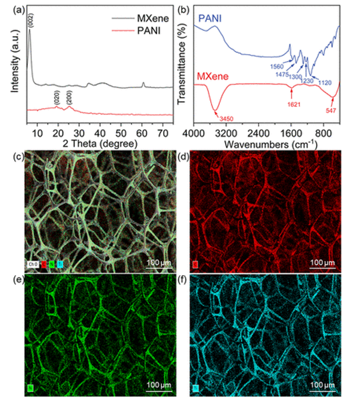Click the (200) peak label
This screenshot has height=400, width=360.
pos(70,94)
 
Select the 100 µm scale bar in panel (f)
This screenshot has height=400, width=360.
pos(322,385)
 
